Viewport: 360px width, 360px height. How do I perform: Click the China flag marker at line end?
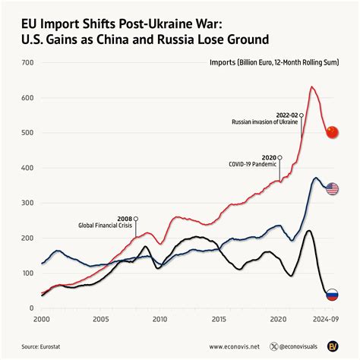pyautogui.click(x=332, y=132)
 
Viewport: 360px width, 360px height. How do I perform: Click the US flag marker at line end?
pyautogui.click(x=332, y=188)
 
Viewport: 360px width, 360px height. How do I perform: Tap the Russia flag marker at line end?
pyautogui.click(x=332, y=295)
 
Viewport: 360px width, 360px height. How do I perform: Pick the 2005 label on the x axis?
pyautogui.click(x=100, y=320)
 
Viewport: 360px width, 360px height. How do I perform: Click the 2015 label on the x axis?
pyautogui.click(x=219, y=320)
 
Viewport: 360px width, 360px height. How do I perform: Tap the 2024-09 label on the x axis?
pyautogui.click(x=324, y=320)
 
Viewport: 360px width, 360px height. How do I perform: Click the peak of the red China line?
pyautogui.click(x=312, y=87)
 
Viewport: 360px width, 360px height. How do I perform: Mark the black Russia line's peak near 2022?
pyautogui.click(x=308, y=231)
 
